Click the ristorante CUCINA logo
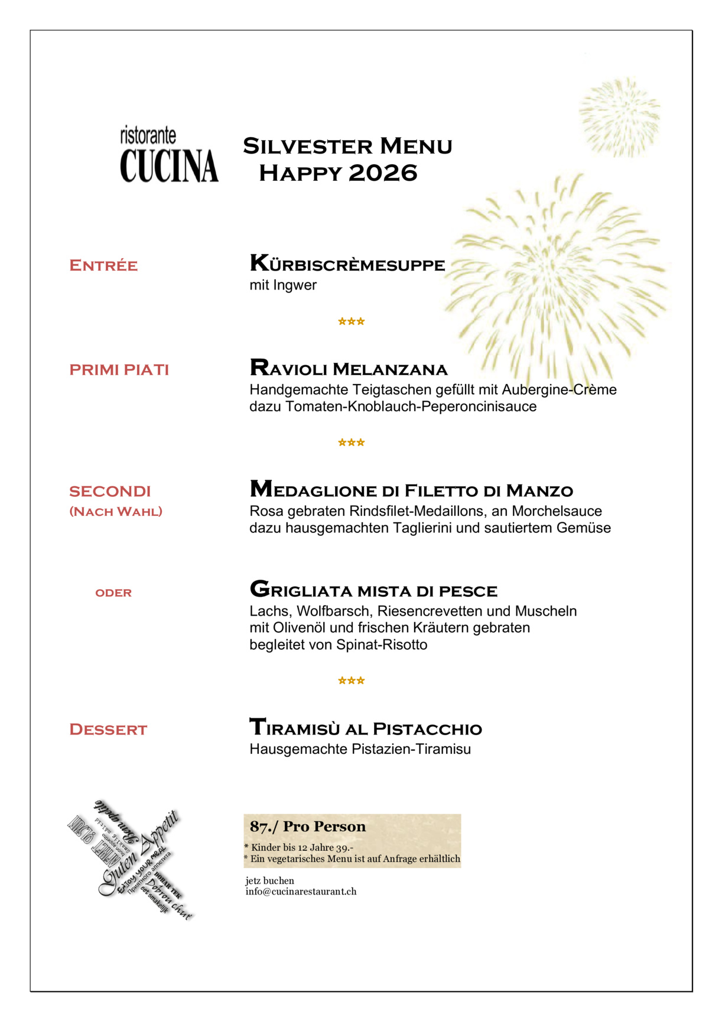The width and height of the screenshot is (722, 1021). pos(169,155)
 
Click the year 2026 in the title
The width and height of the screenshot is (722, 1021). pos(383,173)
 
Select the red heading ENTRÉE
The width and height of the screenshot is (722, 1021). pos(103,266)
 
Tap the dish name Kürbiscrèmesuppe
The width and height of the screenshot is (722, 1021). pos(347,264)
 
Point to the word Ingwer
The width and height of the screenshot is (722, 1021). pos(295,285)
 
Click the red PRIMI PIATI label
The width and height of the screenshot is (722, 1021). pos(119,370)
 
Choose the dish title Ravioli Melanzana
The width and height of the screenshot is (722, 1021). pos(349,369)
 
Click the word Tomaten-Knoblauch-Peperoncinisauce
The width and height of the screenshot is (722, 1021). pos(411,407)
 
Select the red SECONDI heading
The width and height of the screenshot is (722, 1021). pos(110,492)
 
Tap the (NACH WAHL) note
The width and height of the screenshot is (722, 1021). pos(116,512)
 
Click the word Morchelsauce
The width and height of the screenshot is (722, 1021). pos(557,511)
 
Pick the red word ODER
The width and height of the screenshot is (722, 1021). pos(113,593)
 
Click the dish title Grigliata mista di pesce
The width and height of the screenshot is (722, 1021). pos(373,590)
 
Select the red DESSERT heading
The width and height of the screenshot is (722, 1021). pos(108,730)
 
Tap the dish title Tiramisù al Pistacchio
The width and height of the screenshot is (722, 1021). pos(366,728)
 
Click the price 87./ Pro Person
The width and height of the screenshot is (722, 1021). pos(308,827)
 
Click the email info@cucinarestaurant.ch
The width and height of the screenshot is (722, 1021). pos(301,892)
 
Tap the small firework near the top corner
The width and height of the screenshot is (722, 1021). pos(619,117)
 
